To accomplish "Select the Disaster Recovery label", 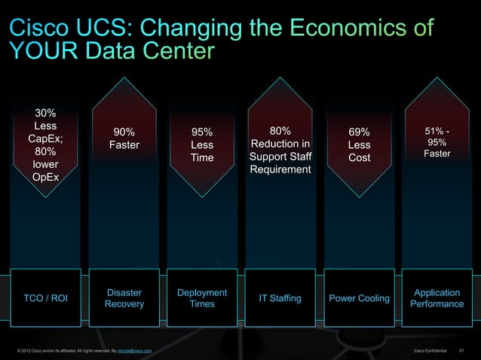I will pos(124,298).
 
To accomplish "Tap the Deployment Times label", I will pos(202,298).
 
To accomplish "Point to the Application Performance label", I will pos(437,298).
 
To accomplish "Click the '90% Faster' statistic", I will pos(124,139).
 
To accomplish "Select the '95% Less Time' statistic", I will pos(202,145).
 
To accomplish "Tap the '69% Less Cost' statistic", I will pos(360,145).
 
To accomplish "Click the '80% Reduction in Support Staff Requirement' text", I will pos(280,151).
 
